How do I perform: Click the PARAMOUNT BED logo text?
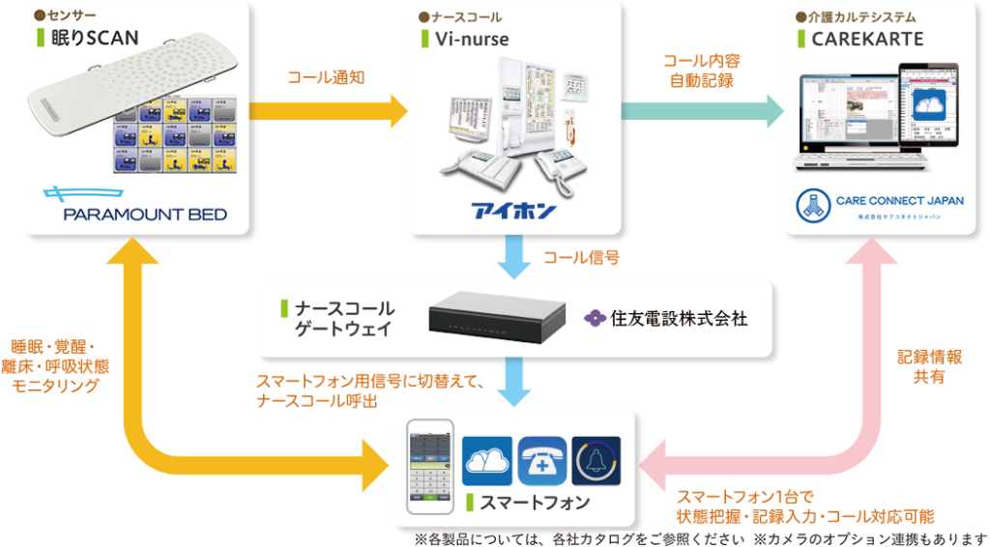click(x=145, y=213)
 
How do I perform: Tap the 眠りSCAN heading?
click(x=93, y=39)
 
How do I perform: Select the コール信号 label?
click(x=580, y=258)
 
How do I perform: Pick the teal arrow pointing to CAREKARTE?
click(x=701, y=110)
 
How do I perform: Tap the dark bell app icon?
click(x=597, y=460)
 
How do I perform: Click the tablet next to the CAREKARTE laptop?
click(x=928, y=106)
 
